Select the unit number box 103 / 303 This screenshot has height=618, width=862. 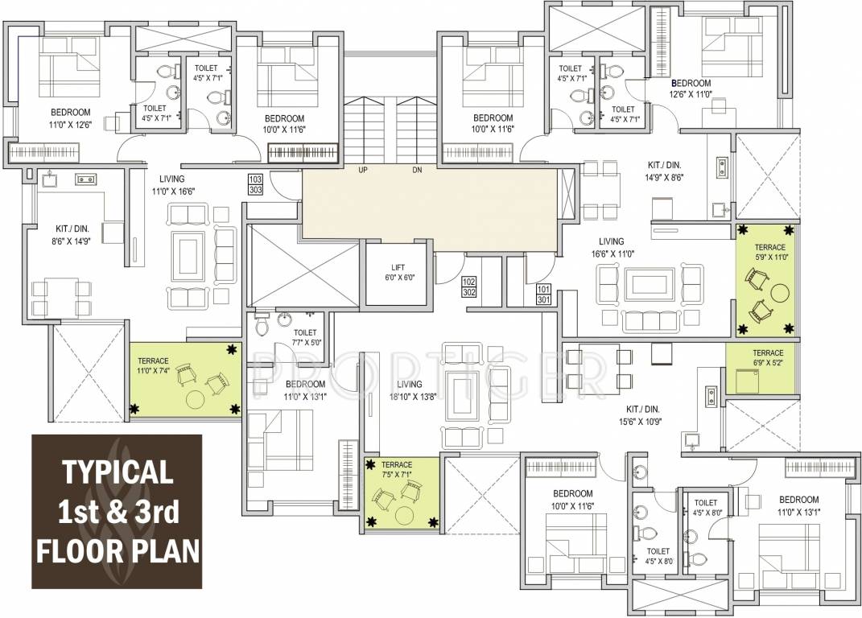[x=256, y=183]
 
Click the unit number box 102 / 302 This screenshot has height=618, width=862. [x=469, y=287]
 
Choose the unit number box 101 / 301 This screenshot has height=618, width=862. [x=544, y=295]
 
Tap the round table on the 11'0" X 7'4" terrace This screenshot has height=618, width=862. [x=195, y=398]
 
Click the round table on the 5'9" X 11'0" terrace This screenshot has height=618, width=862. [x=778, y=291]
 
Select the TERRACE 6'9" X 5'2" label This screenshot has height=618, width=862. [x=767, y=358]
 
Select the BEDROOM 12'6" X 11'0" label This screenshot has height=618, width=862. [x=691, y=89]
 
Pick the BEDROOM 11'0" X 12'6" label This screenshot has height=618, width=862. [x=70, y=117]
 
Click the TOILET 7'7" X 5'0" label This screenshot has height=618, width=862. [x=305, y=337]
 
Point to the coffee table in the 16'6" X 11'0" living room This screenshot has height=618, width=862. [x=650, y=284]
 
